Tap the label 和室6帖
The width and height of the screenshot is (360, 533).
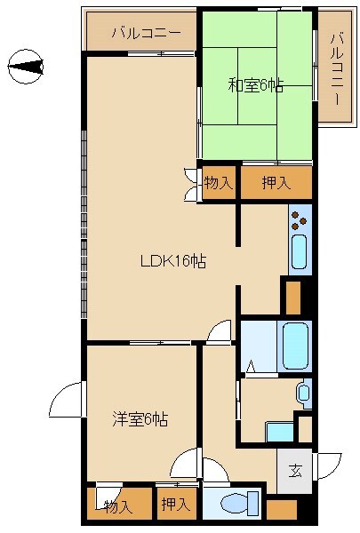coord(255,86)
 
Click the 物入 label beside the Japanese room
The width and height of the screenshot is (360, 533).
coord(218,183)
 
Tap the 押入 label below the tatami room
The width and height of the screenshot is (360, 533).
coord(276,183)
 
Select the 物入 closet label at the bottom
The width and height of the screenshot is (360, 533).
coord(117,506)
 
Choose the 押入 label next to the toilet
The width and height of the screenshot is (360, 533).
coord(175,505)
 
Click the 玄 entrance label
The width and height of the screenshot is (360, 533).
coord(295,471)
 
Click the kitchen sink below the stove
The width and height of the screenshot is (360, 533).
coord(299,253)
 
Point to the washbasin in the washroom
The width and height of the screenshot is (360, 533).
coord(304,391)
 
